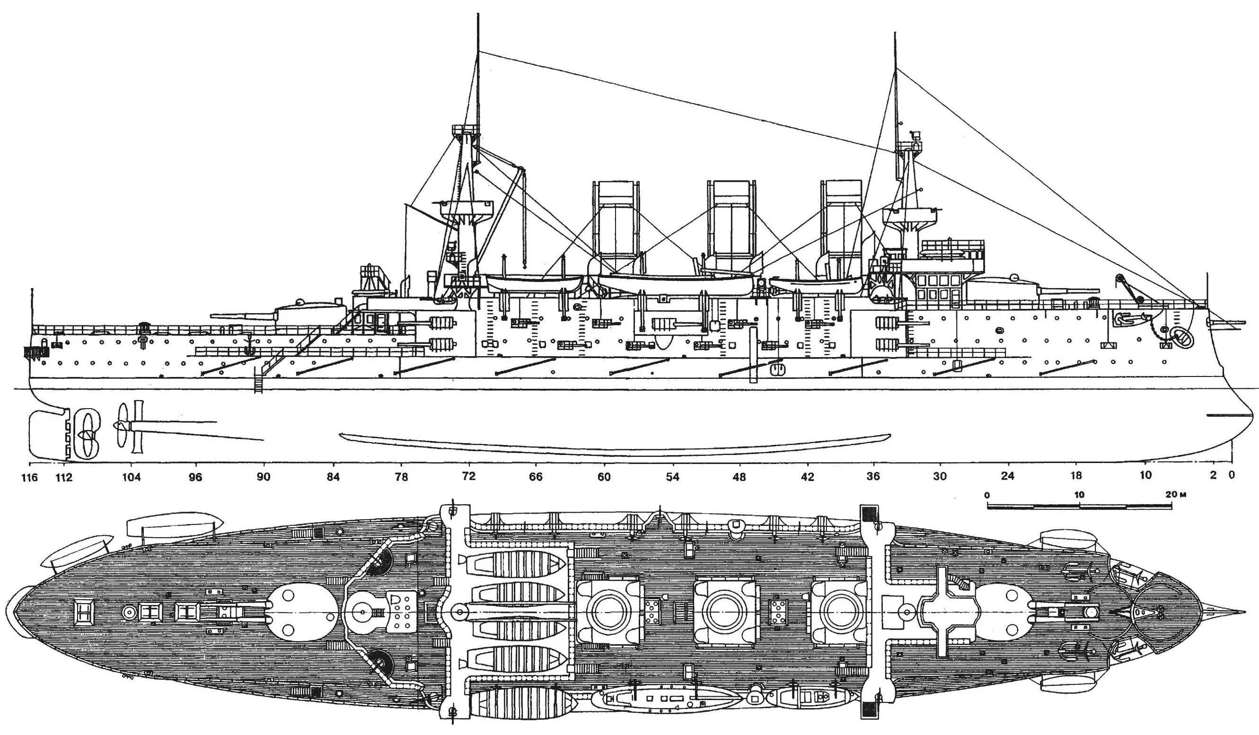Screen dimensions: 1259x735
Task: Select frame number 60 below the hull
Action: [x=604, y=477]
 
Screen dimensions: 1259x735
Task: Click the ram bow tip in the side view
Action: [x=1252, y=414]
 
